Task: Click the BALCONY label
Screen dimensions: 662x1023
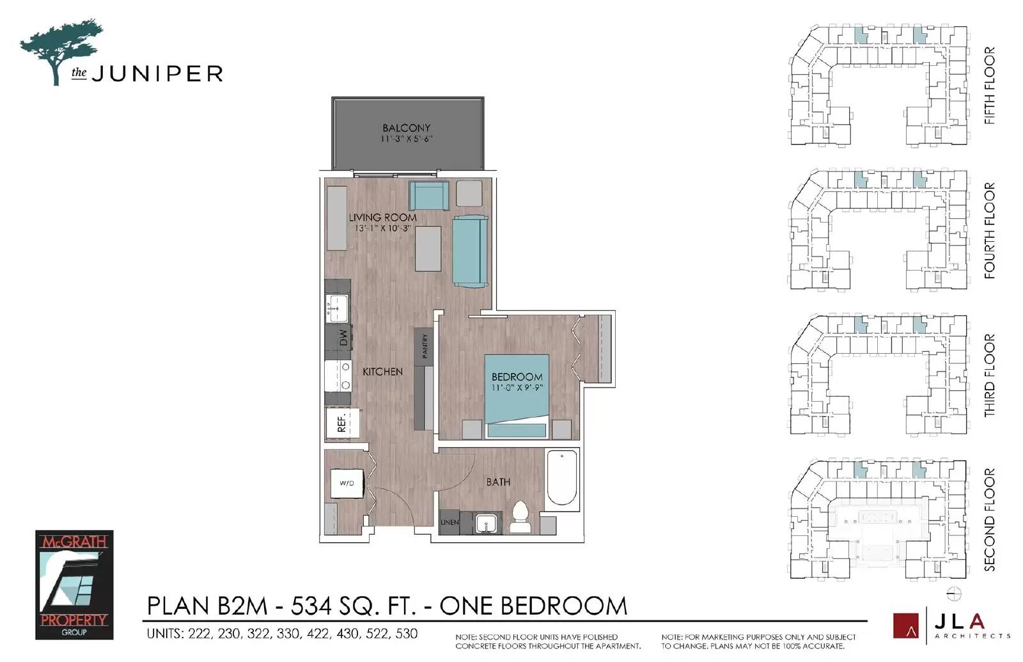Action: pos(406,128)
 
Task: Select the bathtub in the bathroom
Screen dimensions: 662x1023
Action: pos(562,478)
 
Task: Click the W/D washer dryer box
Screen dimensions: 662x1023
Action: pos(347,483)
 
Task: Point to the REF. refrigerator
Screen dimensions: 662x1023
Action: pos(341,422)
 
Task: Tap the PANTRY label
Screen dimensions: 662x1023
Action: pos(425,346)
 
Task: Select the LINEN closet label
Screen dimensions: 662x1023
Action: pos(449,523)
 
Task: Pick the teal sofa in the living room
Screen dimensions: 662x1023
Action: pos(470,251)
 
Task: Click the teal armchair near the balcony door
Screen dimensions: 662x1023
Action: pos(429,196)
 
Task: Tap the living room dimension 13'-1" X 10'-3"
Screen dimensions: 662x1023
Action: pos(382,228)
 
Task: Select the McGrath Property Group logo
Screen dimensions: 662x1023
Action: pos(74,585)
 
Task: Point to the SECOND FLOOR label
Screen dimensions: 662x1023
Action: pos(989,519)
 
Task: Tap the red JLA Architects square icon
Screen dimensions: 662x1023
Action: pos(905,626)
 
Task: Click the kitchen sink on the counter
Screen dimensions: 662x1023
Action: pos(336,308)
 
